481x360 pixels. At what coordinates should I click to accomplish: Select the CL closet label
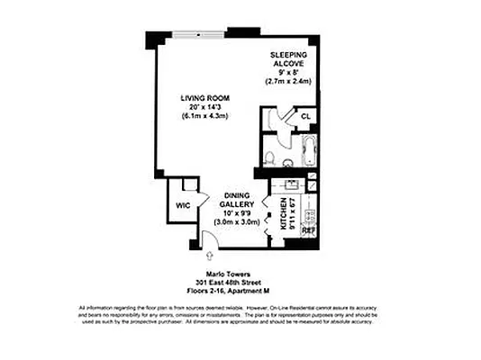point(305,117)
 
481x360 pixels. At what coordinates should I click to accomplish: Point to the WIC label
point(183,205)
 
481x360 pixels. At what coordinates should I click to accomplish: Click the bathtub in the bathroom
point(304,150)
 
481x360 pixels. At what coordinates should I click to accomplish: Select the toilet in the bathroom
point(270,158)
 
